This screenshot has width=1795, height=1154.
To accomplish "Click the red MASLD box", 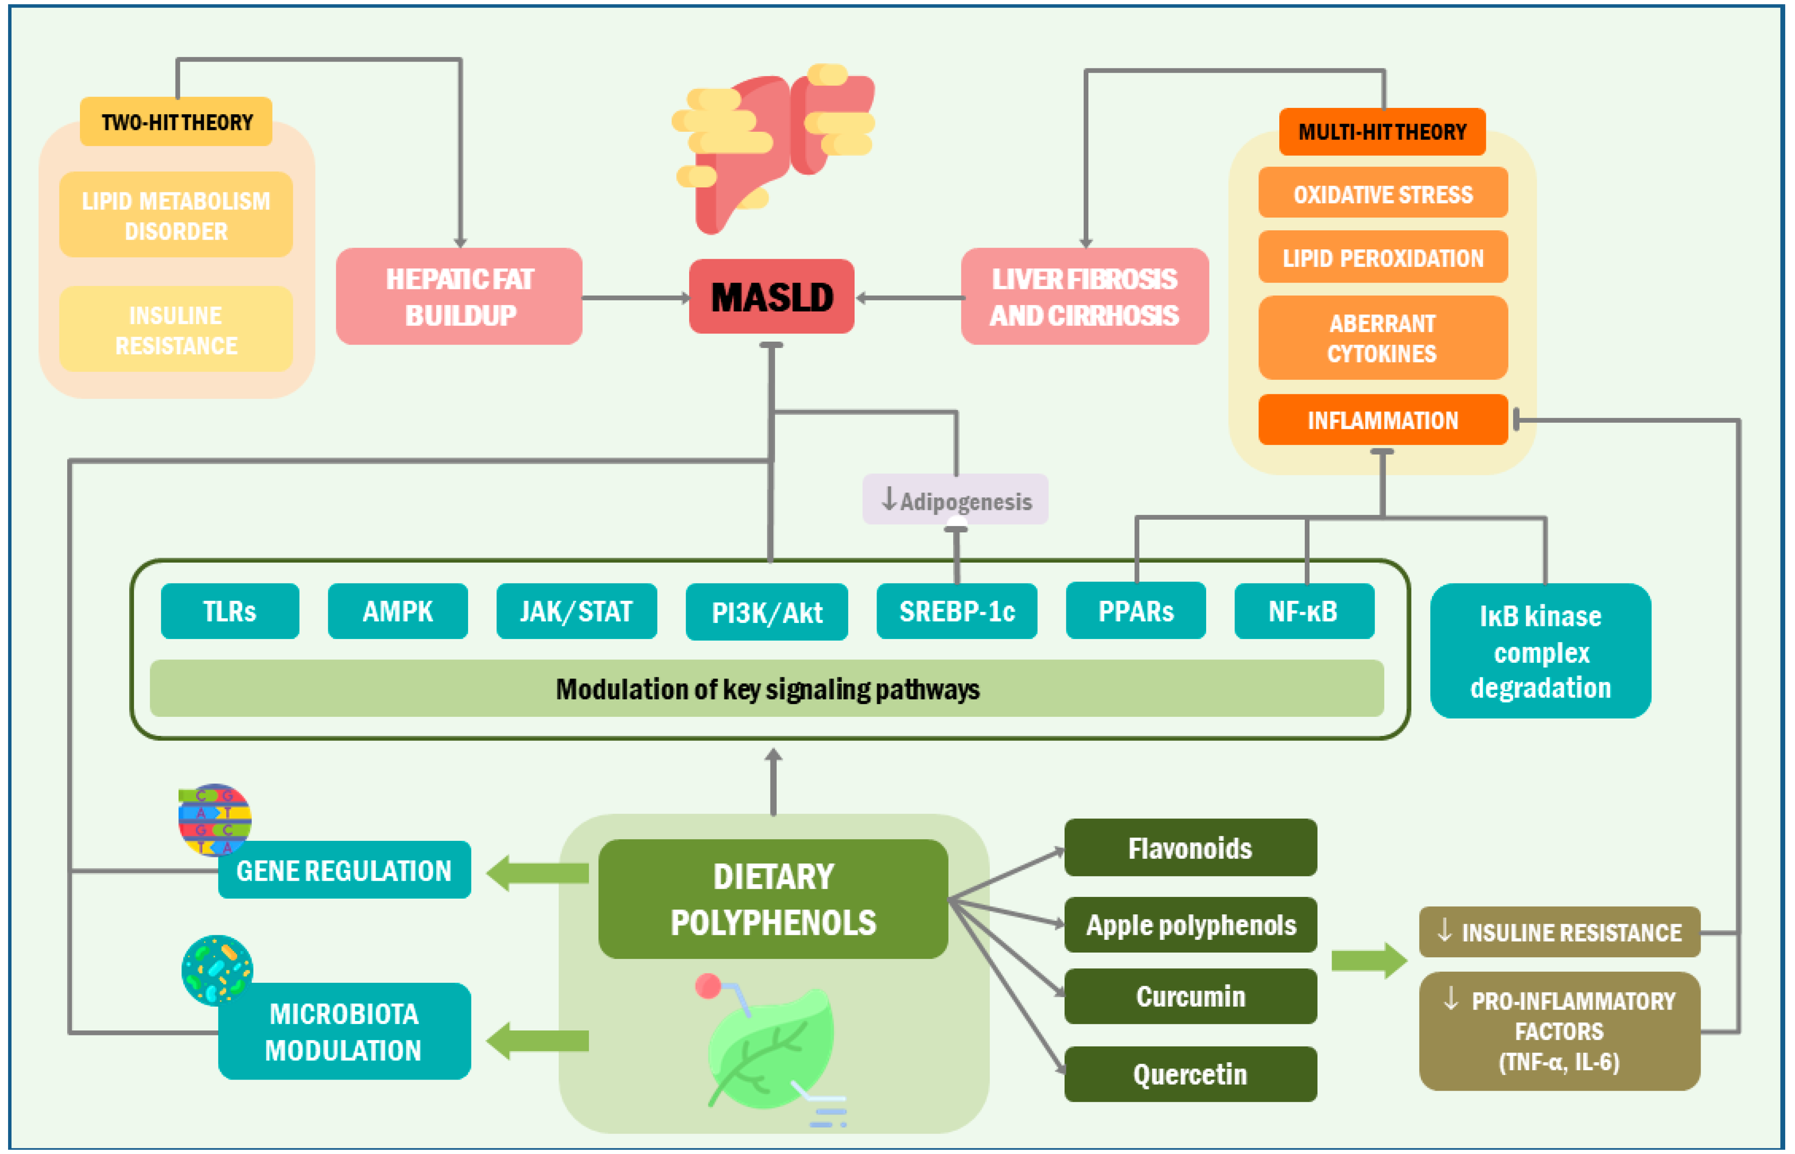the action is pos(772,297).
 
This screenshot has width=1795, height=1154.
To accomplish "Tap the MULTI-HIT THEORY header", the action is pos(1382,132).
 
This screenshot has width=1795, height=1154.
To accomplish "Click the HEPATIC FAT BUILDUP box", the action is pos(459,297).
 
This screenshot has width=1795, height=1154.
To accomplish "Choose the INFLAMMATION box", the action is pos(1383,420).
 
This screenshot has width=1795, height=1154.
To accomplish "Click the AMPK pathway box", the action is pos(398,611).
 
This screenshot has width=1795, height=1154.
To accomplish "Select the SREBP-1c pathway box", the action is pos(957,611).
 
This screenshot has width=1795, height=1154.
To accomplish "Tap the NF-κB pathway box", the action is pos(1304,611).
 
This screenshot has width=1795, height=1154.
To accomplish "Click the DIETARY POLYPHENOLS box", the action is pos(773,899).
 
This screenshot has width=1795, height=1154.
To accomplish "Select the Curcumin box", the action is pos(1191,997).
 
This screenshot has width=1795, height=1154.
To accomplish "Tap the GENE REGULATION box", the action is pos(344,870).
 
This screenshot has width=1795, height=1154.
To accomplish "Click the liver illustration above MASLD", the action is pos(773,147).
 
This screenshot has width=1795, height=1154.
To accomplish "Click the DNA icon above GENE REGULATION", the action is pos(214,820).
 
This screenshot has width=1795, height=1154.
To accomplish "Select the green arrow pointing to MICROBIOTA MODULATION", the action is pos(537,1041).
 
